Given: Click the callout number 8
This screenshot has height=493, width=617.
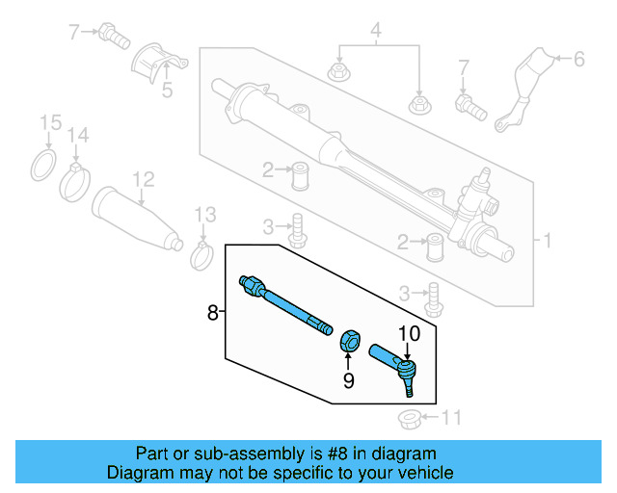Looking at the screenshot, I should point(212,312).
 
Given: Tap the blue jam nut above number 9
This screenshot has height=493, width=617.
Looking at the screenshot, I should point(351,339).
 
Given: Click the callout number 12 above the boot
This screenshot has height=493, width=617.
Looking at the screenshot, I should point(143,178).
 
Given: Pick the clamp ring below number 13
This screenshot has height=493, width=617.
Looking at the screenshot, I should point(202,255).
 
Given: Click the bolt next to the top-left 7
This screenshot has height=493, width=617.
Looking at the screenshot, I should point(115,37).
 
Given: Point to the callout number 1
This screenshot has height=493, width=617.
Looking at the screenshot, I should point(548,240).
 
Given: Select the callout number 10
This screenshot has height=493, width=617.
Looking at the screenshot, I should point(410,333).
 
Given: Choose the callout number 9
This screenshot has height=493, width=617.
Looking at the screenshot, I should point(349,380).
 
